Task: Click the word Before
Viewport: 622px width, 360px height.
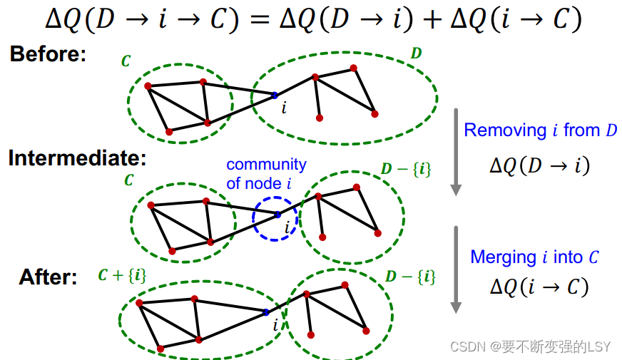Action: pyautogui.click(x=48, y=55)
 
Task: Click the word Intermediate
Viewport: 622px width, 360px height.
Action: pyautogui.click(x=77, y=158)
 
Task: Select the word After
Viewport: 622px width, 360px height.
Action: pyautogui.click(x=48, y=277)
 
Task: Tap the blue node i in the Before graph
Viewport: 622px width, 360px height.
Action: pyautogui.click(x=275, y=95)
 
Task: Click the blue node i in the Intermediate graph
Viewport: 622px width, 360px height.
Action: pyautogui.click(x=277, y=214)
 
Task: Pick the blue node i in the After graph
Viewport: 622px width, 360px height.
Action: pyautogui.click(x=266, y=312)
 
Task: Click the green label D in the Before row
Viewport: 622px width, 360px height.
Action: pyautogui.click(x=416, y=53)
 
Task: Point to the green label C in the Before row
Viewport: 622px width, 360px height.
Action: pyautogui.click(x=126, y=61)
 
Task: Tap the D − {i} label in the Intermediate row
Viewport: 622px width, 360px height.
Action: pyautogui.click(x=407, y=169)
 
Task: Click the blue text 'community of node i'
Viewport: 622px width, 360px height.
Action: pyautogui.click(x=265, y=174)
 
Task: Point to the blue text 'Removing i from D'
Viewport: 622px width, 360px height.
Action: pyautogui.click(x=540, y=130)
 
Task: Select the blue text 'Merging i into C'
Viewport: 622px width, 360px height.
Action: pyautogui.click(x=534, y=257)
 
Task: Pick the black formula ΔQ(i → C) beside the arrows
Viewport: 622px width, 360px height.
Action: pyautogui.click(x=539, y=287)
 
